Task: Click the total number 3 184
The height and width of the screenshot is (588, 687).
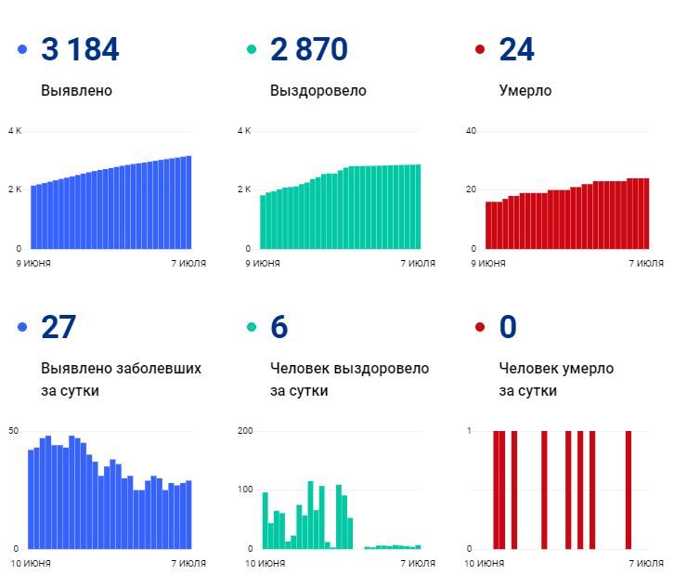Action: [x=80, y=50]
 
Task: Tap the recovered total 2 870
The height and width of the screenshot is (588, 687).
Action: [x=309, y=50]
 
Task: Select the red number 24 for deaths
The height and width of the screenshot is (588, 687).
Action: [x=516, y=50]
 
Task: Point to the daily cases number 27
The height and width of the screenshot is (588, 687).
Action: [x=58, y=328]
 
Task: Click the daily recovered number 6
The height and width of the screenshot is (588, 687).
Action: [x=279, y=328]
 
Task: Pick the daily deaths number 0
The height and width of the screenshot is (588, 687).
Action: [x=508, y=328]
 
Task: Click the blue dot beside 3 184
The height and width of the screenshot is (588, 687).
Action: [x=22, y=50]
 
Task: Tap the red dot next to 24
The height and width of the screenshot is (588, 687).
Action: [x=480, y=50]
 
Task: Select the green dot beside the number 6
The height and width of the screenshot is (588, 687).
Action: [x=251, y=328]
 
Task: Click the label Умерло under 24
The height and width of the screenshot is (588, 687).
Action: [x=525, y=91]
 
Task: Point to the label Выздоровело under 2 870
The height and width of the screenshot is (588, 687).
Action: [x=318, y=91]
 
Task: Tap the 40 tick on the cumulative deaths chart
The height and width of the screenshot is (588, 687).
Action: [x=471, y=131]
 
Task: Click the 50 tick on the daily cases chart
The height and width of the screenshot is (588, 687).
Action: [x=13, y=431]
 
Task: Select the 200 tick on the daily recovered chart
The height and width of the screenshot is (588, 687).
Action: [x=245, y=431]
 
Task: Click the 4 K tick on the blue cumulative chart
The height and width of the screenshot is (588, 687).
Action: [x=14, y=131]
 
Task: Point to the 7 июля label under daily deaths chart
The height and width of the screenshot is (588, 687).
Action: [x=646, y=563]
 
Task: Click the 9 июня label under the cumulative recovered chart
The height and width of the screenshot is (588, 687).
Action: [x=263, y=263]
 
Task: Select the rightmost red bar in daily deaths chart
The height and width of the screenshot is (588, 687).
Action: [x=629, y=490]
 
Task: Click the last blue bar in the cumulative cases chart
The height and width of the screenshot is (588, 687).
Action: [x=188, y=203]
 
